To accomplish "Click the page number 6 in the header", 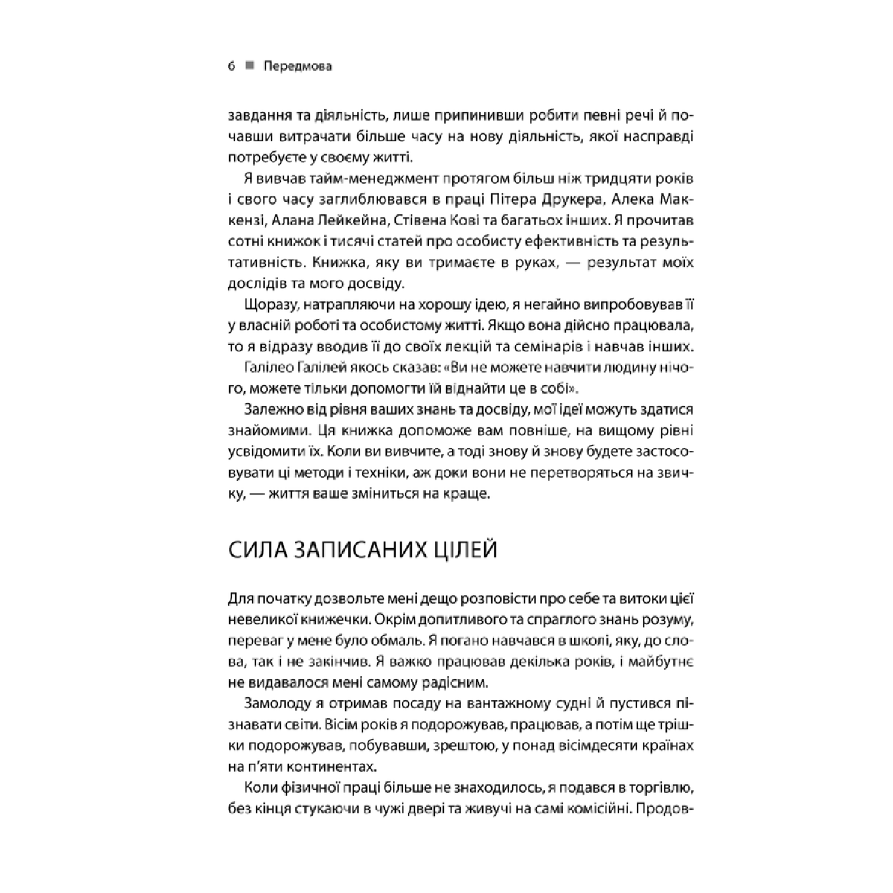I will (x=231, y=66).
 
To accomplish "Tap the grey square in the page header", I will (x=249, y=65).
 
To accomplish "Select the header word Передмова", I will (x=298, y=66).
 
